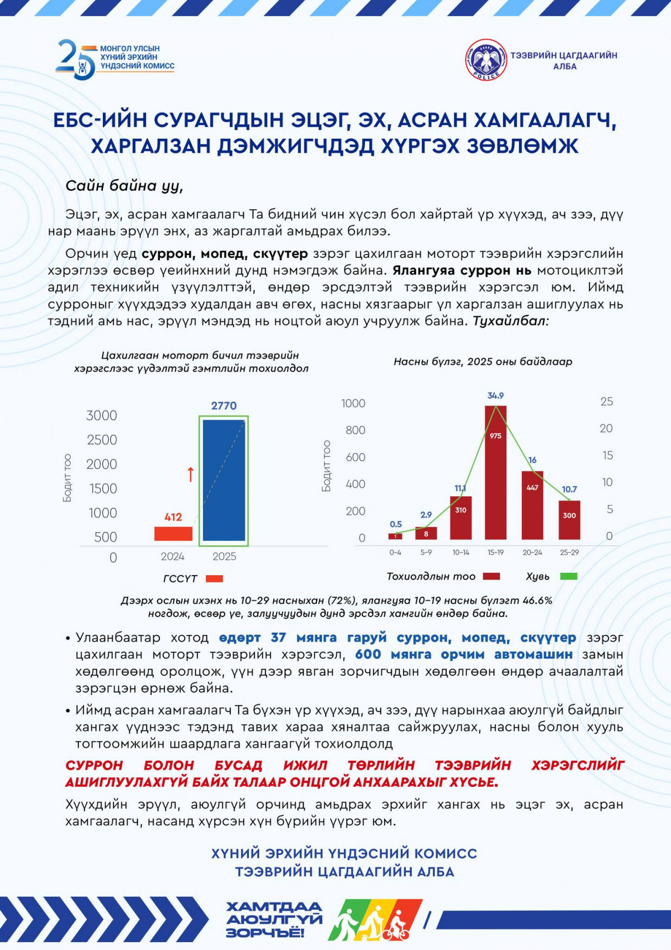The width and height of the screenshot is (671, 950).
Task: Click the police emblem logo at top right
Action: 486,59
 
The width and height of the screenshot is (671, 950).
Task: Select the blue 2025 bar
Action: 224,480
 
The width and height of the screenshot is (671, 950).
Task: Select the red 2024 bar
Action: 173,533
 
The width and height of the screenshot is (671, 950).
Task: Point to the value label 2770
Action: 224,406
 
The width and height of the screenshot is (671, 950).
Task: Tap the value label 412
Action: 173,517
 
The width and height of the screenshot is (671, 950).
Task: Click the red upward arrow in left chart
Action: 190,474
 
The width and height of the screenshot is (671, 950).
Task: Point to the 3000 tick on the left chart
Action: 102,415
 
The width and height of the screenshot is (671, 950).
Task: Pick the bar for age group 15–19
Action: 495,473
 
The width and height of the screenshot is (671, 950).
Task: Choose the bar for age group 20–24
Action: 532,505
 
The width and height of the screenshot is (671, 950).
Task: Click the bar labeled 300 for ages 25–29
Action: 569,520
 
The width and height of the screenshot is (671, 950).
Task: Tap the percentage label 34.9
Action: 495,396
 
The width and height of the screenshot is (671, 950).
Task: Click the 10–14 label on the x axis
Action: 461,552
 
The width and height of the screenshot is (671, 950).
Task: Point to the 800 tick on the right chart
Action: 355,430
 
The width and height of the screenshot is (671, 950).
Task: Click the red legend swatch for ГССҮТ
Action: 214,579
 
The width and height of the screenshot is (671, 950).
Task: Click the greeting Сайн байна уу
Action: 124,186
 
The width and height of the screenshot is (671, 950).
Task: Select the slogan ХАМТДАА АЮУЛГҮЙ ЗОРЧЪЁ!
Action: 274,919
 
